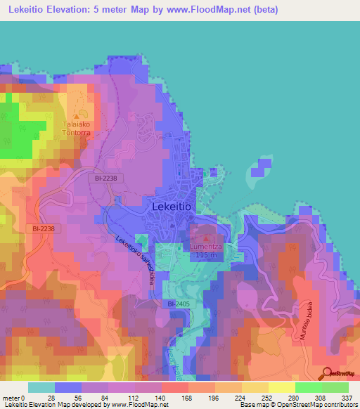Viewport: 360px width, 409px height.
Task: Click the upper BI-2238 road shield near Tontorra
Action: (108, 178)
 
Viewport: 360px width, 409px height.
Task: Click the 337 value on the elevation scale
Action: (347, 398)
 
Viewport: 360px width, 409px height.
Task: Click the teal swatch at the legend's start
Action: (41, 387)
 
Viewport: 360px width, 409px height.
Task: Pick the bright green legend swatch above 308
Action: (308, 387)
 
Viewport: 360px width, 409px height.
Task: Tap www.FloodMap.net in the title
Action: (214, 10)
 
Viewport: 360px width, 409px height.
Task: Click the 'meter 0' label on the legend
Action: (15, 398)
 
